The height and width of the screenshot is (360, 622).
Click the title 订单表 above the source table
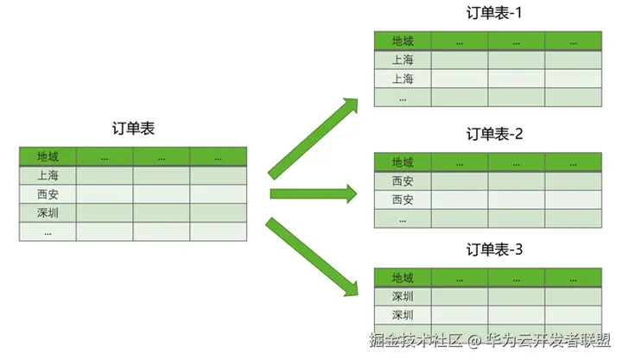tap(133, 129)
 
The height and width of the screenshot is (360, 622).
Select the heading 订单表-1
tap(495, 14)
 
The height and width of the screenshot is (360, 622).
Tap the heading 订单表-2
tap(495, 134)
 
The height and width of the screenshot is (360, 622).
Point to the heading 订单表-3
tap(495, 250)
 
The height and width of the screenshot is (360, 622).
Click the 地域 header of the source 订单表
tap(48, 156)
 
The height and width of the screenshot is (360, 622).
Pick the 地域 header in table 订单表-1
tap(403, 41)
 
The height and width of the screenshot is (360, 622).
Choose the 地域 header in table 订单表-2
tap(403, 161)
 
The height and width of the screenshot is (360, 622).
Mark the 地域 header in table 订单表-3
tap(403, 278)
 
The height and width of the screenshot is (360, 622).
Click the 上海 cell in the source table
tap(48, 175)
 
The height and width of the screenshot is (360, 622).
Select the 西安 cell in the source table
tap(48, 194)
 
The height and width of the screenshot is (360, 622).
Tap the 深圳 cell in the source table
tap(48, 212)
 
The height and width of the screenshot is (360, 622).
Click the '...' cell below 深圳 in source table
tap(48, 231)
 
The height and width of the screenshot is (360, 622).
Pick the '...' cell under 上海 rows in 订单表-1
tap(403, 98)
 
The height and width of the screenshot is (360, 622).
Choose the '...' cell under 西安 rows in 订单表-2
tap(403, 218)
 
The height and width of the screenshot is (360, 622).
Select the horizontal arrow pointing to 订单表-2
tap(313, 193)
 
